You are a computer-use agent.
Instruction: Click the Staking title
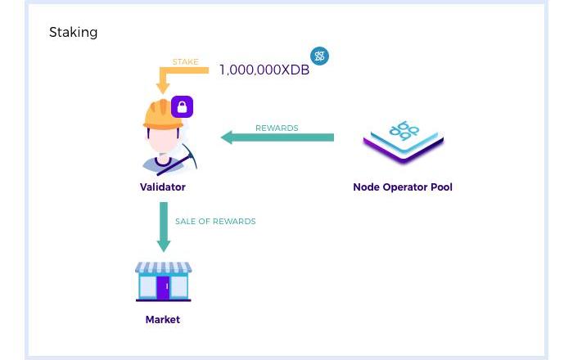(74, 33)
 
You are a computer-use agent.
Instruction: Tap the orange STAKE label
(185, 62)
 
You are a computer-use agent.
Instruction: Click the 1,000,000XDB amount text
(264, 70)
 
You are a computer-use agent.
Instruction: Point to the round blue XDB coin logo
(319, 56)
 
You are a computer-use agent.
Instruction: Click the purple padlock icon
(182, 106)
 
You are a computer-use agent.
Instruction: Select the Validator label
(163, 187)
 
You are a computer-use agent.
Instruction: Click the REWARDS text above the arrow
(277, 128)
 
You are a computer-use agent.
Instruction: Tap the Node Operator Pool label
(403, 187)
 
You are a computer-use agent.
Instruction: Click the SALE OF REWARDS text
(215, 222)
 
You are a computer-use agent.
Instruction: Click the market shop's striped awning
(164, 268)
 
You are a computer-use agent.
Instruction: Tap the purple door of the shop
(163, 287)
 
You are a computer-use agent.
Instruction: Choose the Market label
(163, 320)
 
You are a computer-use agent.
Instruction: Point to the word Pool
(440, 187)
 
